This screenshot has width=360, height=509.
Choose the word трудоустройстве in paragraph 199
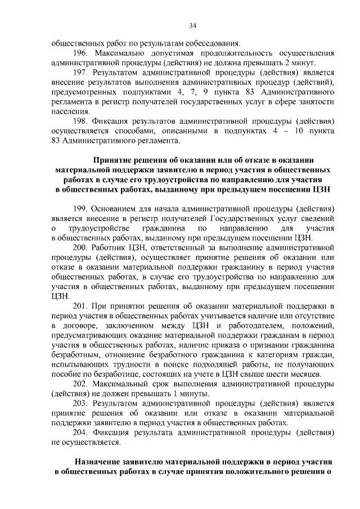point(96,228)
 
